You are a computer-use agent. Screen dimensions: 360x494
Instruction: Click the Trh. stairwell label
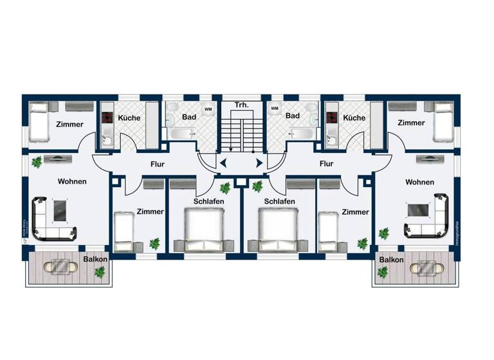click(x=242, y=104)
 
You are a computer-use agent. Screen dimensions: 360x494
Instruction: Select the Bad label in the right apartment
click(x=293, y=116)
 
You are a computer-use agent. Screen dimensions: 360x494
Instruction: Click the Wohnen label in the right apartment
click(x=419, y=183)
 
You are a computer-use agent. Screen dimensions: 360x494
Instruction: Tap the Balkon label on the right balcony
click(x=391, y=260)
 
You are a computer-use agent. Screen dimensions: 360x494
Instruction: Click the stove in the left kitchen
click(x=107, y=118)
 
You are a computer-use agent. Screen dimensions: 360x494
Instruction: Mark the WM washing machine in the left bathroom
click(x=208, y=109)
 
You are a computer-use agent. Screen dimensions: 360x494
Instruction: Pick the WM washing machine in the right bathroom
click(x=275, y=109)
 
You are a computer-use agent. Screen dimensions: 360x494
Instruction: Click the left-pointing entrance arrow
click(x=223, y=163)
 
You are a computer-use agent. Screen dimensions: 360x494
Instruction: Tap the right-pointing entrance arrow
click(x=259, y=163)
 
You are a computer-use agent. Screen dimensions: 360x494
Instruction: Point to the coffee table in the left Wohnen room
click(x=61, y=209)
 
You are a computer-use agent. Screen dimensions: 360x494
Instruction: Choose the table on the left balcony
click(x=62, y=265)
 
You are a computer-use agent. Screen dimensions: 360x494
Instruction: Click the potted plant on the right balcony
click(x=383, y=273)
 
